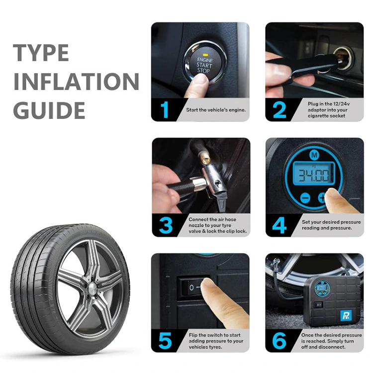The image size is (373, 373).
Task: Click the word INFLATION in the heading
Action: pos(76,82)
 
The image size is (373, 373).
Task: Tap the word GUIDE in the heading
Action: pos(49,110)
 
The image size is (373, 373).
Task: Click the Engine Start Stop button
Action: pos(205,63)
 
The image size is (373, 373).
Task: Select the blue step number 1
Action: pos(165,110)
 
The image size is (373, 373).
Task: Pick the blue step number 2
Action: pos(280,110)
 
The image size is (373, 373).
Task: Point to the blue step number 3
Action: pos(166,225)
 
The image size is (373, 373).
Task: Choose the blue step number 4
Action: pos(280,225)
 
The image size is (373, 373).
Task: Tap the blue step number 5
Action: pos(165,341)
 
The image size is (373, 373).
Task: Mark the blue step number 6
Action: pos(280,341)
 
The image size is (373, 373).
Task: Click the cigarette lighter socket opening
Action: pos(343,58)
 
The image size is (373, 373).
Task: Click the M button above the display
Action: pos(314,155)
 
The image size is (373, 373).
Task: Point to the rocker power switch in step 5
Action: pos(192,287)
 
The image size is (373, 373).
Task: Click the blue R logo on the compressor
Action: pos(346,316)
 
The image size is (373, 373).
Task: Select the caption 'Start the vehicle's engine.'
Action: pos(216,110)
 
